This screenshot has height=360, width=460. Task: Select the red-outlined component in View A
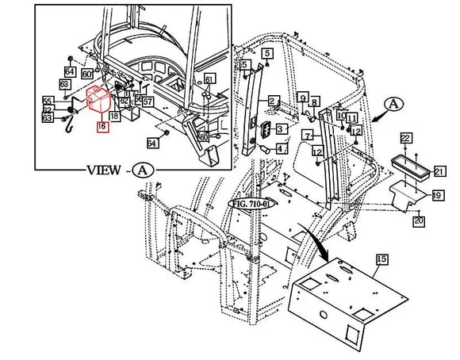tap(98, 102)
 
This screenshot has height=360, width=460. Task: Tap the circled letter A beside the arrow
tap(394, 104)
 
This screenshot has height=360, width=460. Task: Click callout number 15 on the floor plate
tap(381, 259)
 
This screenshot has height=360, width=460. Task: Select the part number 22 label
tap(405, 139)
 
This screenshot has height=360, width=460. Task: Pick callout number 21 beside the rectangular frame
tap(439, 170)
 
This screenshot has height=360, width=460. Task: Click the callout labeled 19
tap(437, 195)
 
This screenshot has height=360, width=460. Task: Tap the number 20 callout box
tap(420, 220)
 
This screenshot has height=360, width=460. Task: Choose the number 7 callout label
tap(307, 136)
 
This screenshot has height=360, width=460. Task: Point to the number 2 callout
tap(273, 101)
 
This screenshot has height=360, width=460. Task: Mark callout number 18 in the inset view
tap(114, 117)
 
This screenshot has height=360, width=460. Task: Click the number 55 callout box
tap(48, 101)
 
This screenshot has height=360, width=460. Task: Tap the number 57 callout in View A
tap(148, 101)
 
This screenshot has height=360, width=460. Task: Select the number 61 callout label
tap(209, 79)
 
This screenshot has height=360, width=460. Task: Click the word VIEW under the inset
tap(103, 170)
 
